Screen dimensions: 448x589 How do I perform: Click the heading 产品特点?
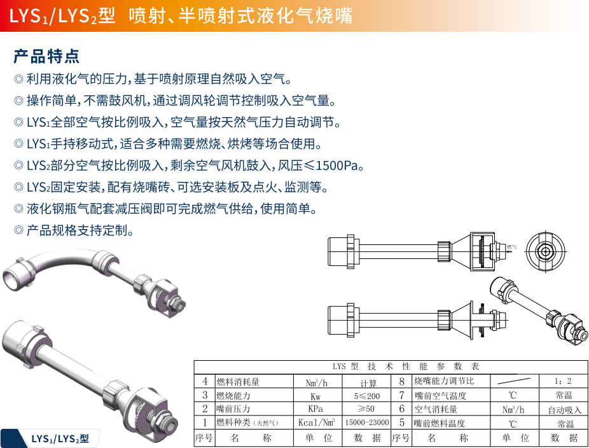click(x=46, y=56)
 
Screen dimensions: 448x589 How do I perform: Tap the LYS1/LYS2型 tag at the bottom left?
click(x=60, y=438)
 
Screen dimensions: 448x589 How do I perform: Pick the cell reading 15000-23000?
click(x=367, y=423)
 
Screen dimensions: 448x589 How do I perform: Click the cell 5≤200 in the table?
click(x=367, y=395)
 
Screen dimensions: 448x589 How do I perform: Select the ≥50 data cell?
click(x=366, y=409)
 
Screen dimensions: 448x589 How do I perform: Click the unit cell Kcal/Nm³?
click(x=316, y=423)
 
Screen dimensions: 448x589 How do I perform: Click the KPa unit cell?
click(x=316, y=409)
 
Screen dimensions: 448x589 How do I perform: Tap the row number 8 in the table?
click(x=401, y=381)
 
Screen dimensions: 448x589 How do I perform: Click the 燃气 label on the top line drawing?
click(x=511, y=246)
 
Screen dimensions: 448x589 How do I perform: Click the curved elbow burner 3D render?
click(x=89, y=280)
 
